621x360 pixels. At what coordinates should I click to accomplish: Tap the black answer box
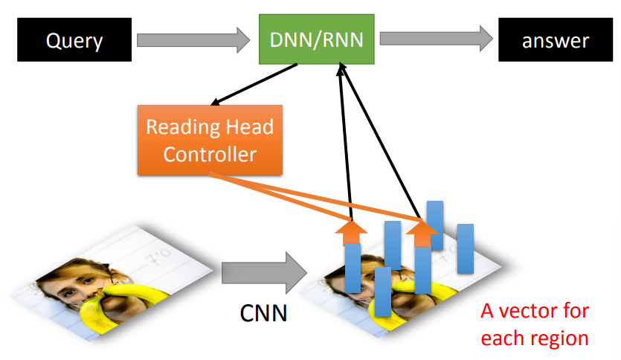pyautogui.click(x=554, y=39)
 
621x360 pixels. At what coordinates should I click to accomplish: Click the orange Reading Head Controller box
pyautogui.click(x=210, y=140)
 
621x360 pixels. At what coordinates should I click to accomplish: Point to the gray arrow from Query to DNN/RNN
pyautogui.click(x=191, y=39)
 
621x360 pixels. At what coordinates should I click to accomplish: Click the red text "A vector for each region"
pyautogui.click(x=534, y=324)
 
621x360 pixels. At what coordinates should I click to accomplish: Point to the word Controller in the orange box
pyautogui.click(x=210, y=155)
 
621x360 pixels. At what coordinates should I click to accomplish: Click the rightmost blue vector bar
pyautogui.click(x=466, y=249)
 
